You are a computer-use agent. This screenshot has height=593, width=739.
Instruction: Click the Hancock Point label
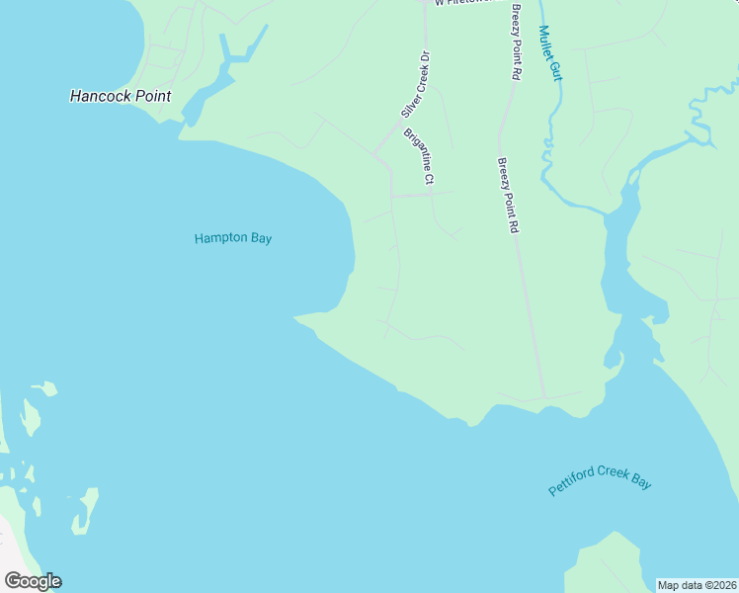click(121, 96)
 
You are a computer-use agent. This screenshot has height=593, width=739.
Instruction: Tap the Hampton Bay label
click(233, 238)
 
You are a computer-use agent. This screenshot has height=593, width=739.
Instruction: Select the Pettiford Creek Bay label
click(601, 482)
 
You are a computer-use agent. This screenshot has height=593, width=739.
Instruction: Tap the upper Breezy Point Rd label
click(516, 42)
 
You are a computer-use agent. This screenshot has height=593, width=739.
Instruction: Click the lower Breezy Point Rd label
click(508, 195)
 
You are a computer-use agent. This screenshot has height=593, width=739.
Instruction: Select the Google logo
click(33, 581)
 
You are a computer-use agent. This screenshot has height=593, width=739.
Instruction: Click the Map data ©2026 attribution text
click(697, 585)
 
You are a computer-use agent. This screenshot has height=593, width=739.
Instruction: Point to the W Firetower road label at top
click(462, 3)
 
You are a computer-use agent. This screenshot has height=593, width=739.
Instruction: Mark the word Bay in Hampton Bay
click(261, 238)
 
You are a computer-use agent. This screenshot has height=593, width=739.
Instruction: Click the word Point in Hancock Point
click(149, 96)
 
